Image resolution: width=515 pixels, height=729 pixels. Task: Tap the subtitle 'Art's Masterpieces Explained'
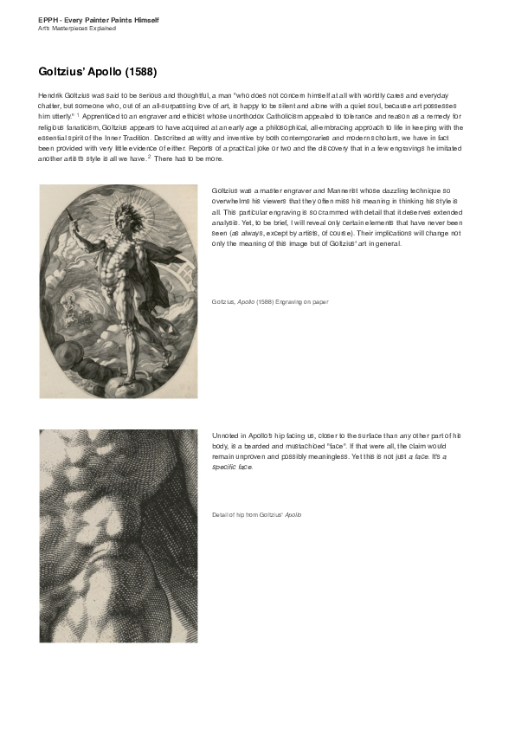coord(77,29)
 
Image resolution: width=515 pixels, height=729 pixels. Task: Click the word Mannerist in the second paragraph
coord(333,189)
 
